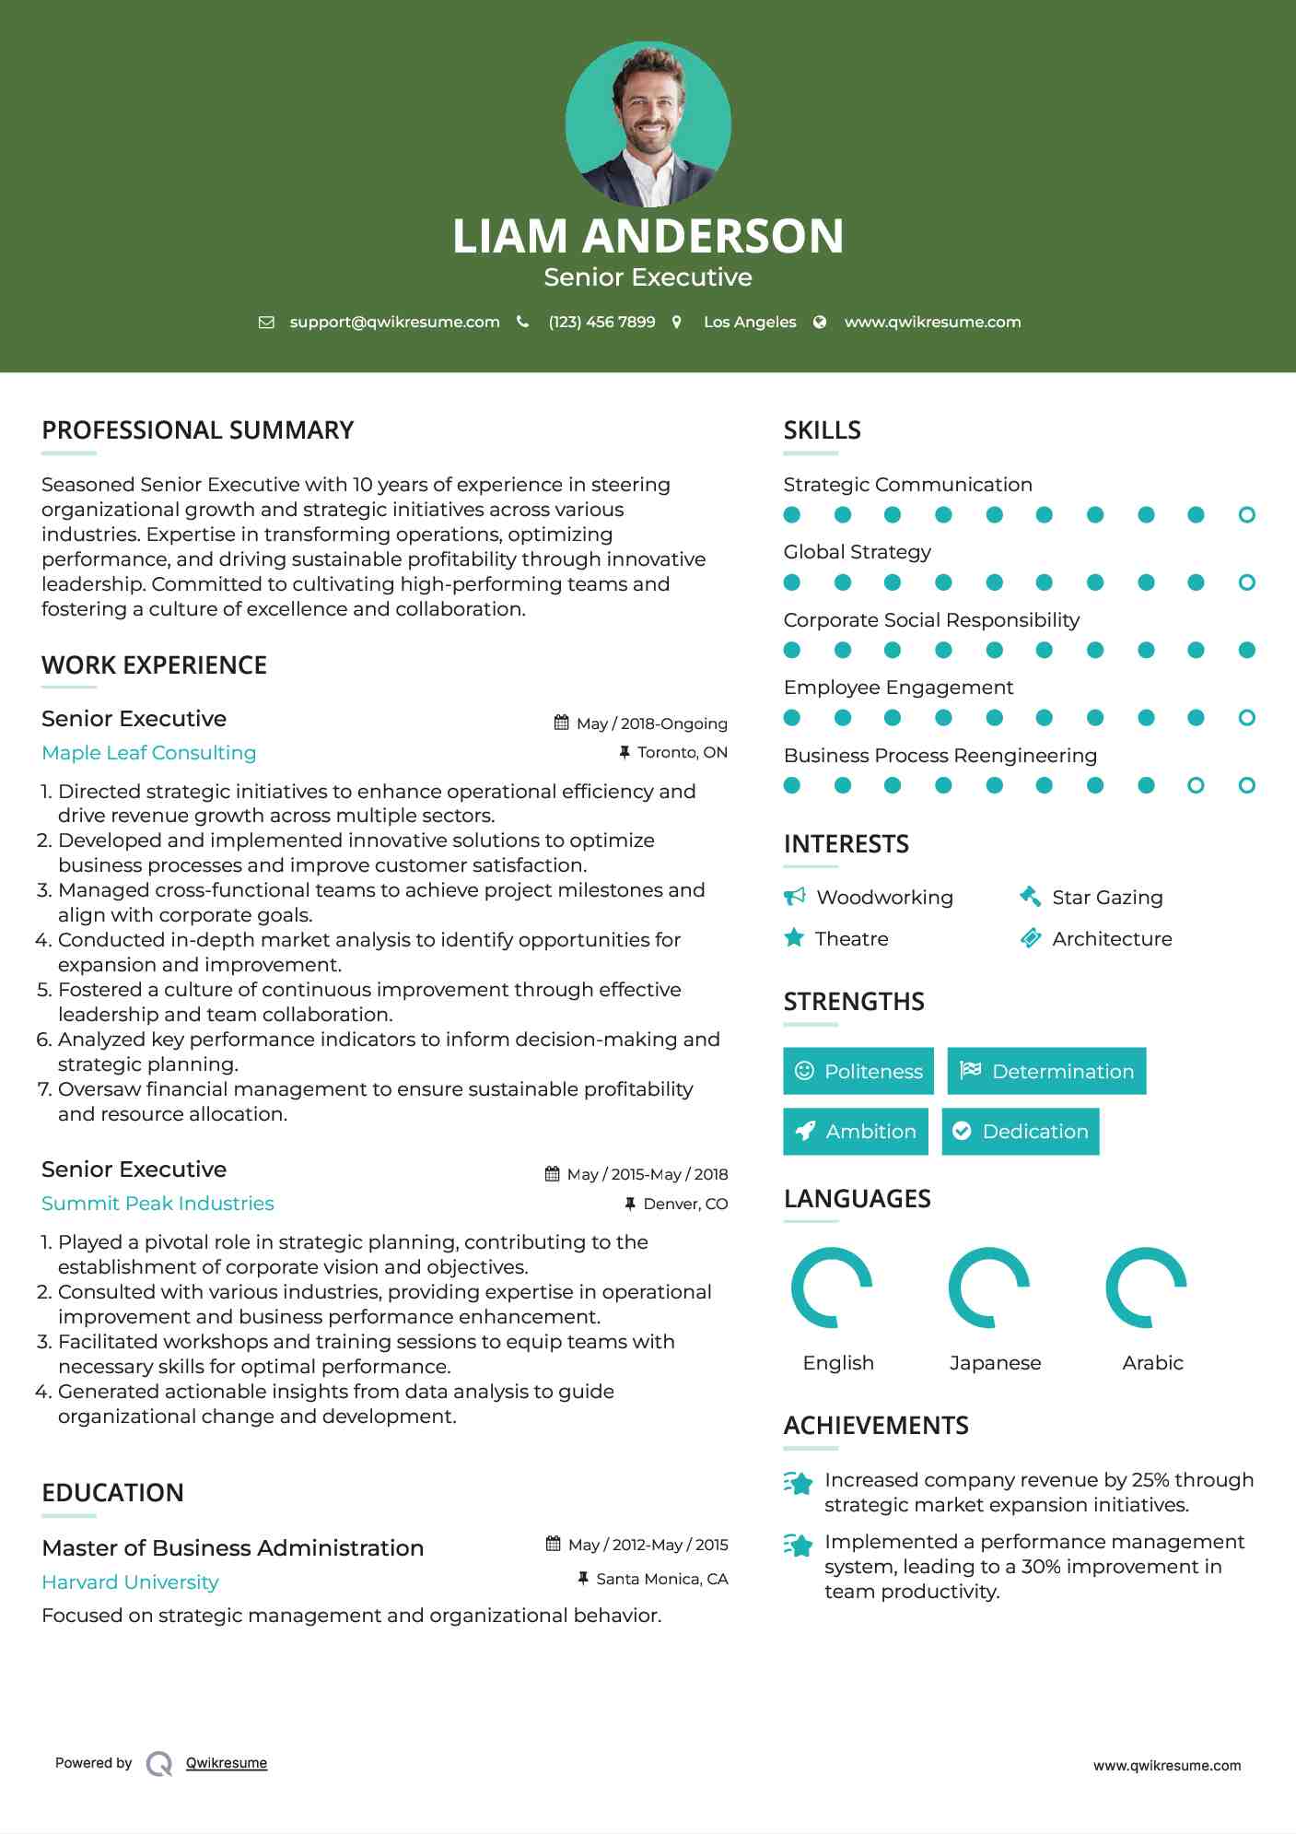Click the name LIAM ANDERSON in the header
648,236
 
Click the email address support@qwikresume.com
394,322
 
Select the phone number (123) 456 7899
601,322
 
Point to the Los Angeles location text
750,322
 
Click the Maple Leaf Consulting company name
149,753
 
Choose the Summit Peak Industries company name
158,1204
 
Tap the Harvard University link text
130,1582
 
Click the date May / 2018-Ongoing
651,723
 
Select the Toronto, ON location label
682,752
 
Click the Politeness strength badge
858,1071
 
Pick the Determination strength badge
1046,1071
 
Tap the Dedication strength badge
1021,1132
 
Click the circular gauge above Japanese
989,1287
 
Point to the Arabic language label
1152,1363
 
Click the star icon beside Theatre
794,938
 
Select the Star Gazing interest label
1107,898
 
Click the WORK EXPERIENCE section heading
154,665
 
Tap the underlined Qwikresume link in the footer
227,1763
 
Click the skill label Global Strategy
857,552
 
